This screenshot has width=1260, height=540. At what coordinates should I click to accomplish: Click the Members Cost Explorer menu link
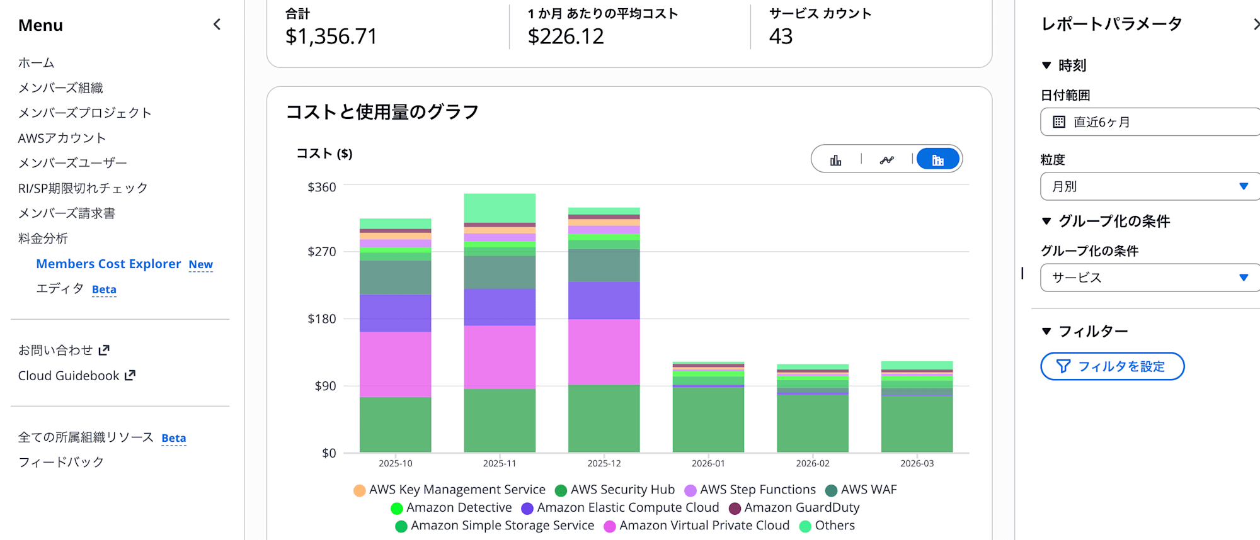coord(108,264)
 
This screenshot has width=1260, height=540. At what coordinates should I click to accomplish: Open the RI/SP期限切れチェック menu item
coord(83,188)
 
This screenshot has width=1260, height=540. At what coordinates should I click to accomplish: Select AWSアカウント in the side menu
coord(62,138)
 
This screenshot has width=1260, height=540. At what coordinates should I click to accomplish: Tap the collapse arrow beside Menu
coord(217,25)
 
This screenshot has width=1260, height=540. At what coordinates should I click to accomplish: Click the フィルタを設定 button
coord(1112,366)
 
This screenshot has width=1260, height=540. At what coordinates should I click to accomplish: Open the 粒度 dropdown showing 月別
coord(1150,186)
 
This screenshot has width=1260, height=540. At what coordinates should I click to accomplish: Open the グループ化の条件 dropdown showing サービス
coord(1150,278)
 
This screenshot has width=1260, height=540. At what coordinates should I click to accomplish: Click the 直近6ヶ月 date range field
coord(1150,122)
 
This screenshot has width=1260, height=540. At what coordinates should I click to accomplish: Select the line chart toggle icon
coord(886,160)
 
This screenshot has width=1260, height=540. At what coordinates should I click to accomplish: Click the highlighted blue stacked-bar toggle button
coord(937,160)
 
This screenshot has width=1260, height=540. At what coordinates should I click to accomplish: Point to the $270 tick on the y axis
coord(322,252)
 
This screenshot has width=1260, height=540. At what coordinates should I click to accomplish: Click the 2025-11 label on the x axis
coord(500,463)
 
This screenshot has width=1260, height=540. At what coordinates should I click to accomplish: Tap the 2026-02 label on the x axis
coord(813,463)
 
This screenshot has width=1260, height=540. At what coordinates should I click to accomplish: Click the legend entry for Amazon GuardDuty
coord(801,507)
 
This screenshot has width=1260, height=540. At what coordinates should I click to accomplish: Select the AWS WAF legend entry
coord(868,490)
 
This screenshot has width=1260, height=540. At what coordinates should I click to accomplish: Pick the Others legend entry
coord(834,526)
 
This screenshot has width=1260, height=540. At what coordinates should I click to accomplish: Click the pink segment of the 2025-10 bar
coord(395,364)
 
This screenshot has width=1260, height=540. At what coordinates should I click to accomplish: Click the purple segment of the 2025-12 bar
coord(604,300)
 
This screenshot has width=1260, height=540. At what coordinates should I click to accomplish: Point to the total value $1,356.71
coord(331,37)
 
